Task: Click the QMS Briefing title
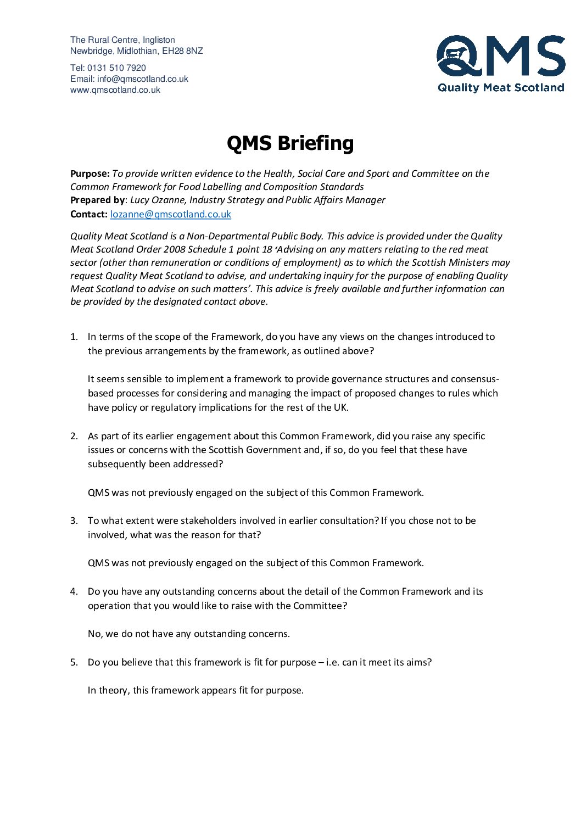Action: tap(290, 143)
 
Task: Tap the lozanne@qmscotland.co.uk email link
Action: tap(170, 214)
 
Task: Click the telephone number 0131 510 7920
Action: tap(116, 68)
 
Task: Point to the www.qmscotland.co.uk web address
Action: tap(115, 90)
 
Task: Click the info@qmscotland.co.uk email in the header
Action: tap(143, 79)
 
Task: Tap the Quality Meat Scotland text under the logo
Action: tap(501, 87)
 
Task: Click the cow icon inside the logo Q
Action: tap(455, 53)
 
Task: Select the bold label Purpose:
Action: tap(90, 174)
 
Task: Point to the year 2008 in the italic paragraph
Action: tap(174, 249)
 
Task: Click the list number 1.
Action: tap(74, 337)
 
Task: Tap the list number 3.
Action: tap(74, 521)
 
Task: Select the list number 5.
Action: tap(74, 662)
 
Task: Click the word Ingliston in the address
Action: tap(159, 40)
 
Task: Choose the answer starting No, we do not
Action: tap(188, 634)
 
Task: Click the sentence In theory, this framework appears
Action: tap(195, 690)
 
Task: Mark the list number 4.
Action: tap(74, 591)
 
